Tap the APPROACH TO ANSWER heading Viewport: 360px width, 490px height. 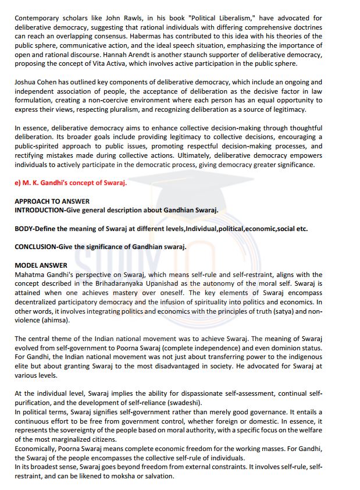[52, 201]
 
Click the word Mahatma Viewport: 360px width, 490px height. [31, 274]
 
